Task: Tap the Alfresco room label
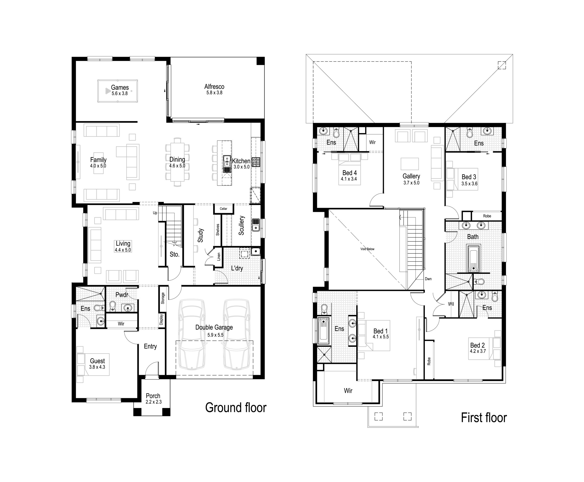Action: [214, 87]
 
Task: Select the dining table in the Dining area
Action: [177, 162]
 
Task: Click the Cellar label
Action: [223, 209]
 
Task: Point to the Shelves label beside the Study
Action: [218, 230]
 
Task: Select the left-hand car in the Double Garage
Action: [192, 334]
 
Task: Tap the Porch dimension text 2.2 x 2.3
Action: [154, 402]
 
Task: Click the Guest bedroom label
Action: [97, 361]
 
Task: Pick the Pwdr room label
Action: [122, 295]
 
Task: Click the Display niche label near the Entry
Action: [162, 319]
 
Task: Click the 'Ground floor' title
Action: [236, 408]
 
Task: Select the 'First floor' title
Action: [484, 418]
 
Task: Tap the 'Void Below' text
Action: [367, 249]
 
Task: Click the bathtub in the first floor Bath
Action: [473, 258]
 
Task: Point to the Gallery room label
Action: [411, 176]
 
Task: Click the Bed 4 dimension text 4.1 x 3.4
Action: [349, 179]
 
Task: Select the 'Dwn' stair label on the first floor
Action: [428, 279]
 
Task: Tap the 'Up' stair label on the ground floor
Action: [155, 213]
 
